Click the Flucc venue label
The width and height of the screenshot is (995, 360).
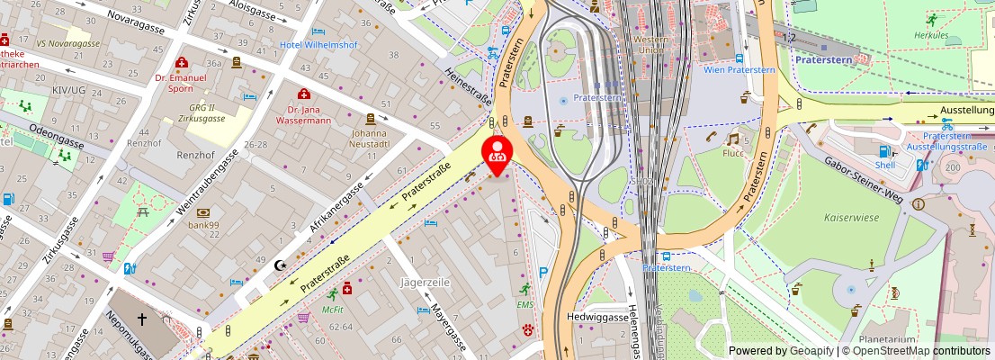[x=733, y=153]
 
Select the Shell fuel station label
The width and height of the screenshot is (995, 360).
[x=886, y=166]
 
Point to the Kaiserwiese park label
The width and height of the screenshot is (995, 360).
[x=849, y=217]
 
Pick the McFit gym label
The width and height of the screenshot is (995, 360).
[x=333, y=309]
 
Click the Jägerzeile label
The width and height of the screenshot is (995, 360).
[x=424, y=283]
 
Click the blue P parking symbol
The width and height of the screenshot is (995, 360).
[x=542, y=273]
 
